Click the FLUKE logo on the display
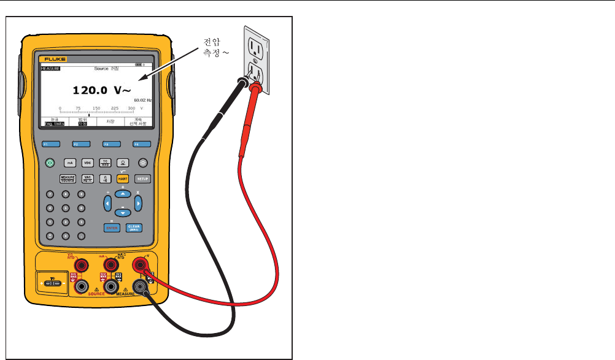point(55,59)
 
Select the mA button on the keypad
point(71,163)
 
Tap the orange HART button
point(122,178)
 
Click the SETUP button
point(142,178)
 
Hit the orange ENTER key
point(111,227)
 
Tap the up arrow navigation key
point(123,193)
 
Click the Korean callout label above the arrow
point(212,47)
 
